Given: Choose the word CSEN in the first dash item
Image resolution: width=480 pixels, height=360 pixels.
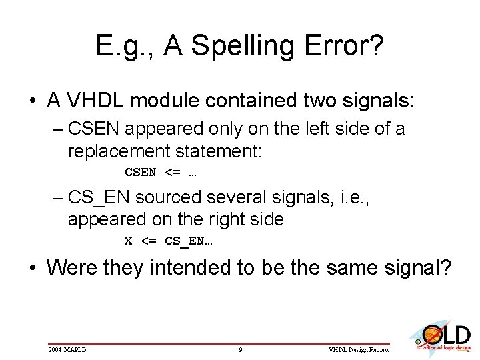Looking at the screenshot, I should [91, 128].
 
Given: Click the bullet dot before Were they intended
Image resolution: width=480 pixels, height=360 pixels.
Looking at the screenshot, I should [33, 268].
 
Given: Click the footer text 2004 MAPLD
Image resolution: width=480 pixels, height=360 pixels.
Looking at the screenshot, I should [67, 349].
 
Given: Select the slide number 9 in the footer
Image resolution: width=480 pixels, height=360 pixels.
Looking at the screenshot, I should [240, 349].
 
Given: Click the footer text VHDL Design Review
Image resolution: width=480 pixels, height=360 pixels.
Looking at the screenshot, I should [359, 349].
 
